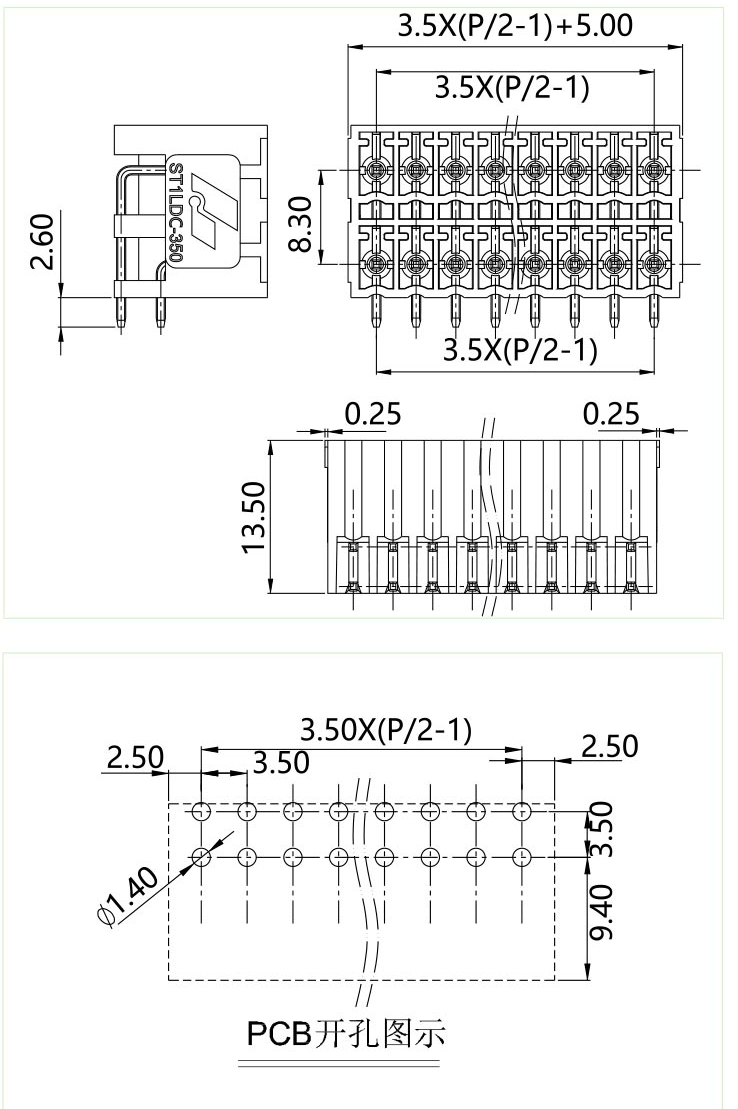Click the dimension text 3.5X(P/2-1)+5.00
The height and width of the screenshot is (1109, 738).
pyautogui.click(x=514, y=26)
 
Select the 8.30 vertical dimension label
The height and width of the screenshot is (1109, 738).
pyautogui.click(x=303, y=223)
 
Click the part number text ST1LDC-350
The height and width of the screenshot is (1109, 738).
pyautogui.click(x=175, y=212)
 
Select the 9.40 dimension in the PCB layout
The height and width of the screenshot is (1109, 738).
pyautogui.click(x=601, y=917)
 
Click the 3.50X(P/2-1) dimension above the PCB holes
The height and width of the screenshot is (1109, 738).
pyautogui.click(x=386, y=730)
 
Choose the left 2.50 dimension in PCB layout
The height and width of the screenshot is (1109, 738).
pyautogui.click(x=135, y=757)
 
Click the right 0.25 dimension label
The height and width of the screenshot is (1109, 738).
pyautogui.click(x=612, y=413)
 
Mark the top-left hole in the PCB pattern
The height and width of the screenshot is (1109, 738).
pyautogui.click(x=201, y=811)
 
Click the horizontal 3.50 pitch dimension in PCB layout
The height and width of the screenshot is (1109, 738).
pyautogui.click(x=281, y=763)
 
